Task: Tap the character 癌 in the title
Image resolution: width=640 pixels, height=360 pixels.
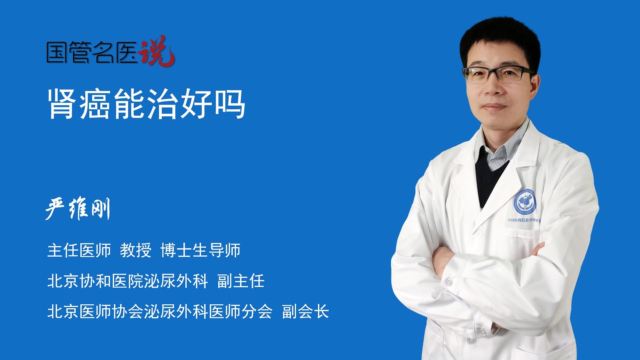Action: [95, 104]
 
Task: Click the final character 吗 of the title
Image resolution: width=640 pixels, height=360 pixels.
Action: [230, 104]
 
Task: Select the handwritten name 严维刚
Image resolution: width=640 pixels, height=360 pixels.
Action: [78, 208]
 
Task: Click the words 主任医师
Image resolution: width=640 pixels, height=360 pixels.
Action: [79, 250]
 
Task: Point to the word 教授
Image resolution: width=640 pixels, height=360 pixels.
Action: [136, 250]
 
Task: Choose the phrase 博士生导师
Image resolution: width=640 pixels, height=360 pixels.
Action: [200, 250]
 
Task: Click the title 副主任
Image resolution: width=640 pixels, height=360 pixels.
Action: [241, 281]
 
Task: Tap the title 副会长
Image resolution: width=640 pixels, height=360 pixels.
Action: [305, 312]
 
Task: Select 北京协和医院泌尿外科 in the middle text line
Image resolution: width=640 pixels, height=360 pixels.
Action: [128, 281]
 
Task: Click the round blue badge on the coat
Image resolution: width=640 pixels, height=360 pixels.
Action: [525, 202]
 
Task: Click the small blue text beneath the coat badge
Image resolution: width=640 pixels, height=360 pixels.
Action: [523, 220]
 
